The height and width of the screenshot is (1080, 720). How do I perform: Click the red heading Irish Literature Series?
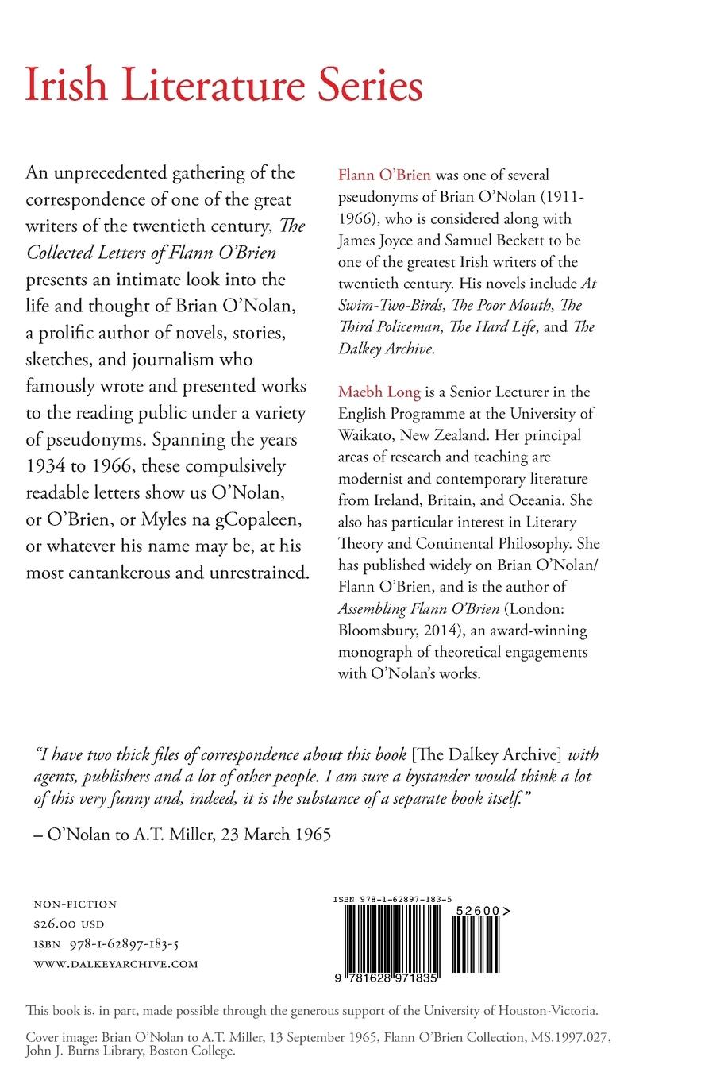pos(224,85)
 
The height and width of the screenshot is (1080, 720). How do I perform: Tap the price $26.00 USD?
pos(69,924)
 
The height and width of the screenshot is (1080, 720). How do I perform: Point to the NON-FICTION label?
pos(75,904)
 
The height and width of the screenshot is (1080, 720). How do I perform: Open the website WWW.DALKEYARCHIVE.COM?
pos(115,964)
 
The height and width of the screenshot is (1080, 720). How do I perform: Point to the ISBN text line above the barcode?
pos(393,899)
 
